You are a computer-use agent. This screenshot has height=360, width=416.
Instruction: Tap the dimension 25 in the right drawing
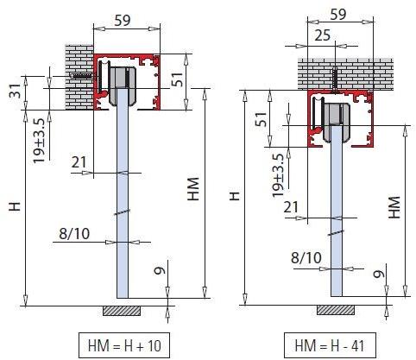point(320,35)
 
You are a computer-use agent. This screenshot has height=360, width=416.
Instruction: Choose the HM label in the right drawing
point(394,206)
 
